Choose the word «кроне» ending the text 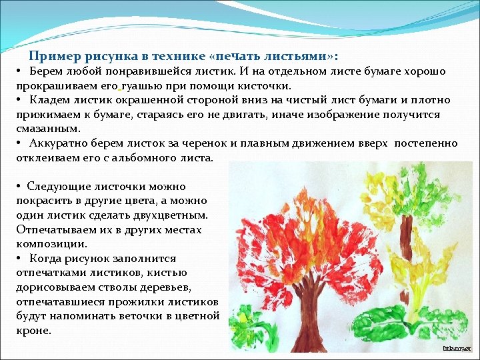tap(33, 330)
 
